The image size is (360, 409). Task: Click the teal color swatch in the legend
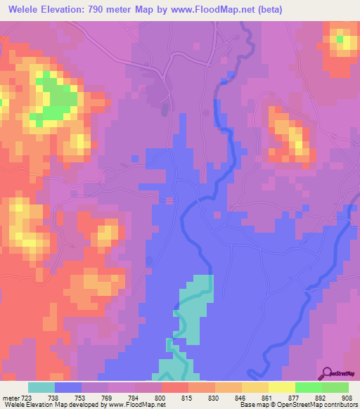(x=41, y=387)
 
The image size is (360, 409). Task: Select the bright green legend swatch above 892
(x=308, y=387)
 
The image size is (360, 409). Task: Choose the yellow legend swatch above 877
(x=281, y=387)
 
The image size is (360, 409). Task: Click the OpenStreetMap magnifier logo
(x=326, y=373)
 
